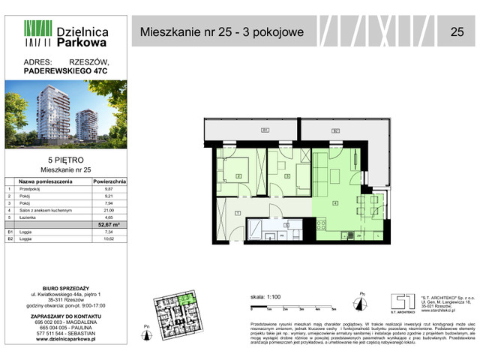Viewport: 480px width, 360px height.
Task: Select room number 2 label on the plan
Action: tap(238, 177)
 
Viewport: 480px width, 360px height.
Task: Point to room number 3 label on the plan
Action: tap(288, 177)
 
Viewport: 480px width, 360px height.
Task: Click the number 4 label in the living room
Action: tap(335, 202)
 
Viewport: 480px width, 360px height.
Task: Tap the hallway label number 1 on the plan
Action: tap(237, 213)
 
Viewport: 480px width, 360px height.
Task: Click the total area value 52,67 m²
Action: tap(109, 223)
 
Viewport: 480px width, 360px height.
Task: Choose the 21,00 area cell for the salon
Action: tap(109, 210)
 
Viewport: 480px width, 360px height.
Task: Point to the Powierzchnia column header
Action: tap(109, 182)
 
